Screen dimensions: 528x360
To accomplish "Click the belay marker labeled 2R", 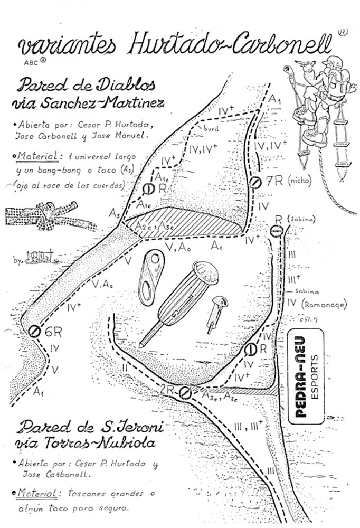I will pyautogui.click(x=185, y=392).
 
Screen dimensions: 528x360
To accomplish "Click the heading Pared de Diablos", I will pyautogui.click(x=88, y=85).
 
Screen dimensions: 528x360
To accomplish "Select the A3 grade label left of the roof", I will pyautogui.click(x=114, y=213).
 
